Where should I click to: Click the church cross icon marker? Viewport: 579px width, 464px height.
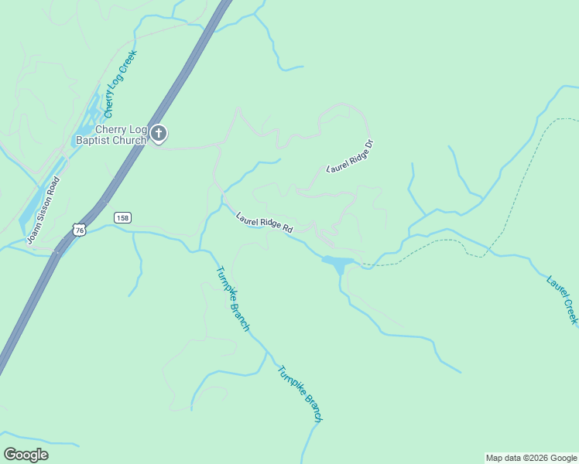click(159, 135)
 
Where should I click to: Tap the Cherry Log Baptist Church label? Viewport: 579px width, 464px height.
click(110, 135)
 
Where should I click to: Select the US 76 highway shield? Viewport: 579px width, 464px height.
click(78, 229)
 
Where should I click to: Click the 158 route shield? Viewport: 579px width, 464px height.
click(122, 218)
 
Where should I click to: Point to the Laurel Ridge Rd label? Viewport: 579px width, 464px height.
click(264, 223)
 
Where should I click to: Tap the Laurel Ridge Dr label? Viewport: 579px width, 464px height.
click(350, 155)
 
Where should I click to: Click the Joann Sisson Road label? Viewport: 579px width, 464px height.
click(43, 210)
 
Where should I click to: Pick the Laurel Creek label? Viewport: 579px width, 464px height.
click(562, 299)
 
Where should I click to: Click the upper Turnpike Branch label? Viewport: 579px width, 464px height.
click(232, 299)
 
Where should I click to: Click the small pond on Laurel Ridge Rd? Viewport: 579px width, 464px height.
click(339, 264)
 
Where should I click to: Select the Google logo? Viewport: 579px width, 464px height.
click(26, 455)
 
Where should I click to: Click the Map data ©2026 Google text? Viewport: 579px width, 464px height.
click(531, 458)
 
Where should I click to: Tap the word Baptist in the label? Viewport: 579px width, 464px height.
click(92, 141)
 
